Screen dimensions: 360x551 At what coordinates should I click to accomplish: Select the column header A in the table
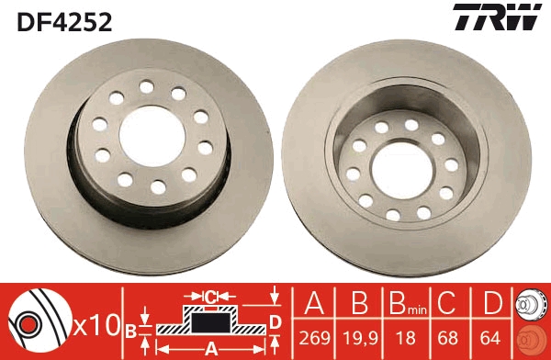point(316,303)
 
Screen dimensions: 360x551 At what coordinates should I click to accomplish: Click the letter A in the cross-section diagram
point(210,348)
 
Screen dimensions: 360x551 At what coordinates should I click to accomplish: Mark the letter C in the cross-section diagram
point(210,297)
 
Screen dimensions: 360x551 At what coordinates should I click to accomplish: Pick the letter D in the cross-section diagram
point(275,321)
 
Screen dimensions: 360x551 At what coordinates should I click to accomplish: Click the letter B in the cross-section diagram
point(130,329)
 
